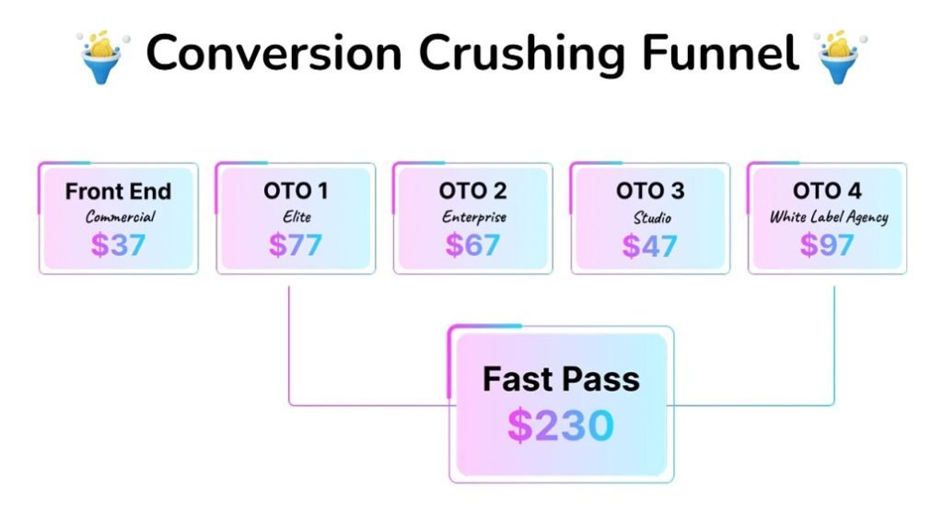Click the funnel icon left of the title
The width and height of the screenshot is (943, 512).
point(102,56)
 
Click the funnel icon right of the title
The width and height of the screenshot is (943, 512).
point(840,56)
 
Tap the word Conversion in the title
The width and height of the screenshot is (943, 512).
point(274,53)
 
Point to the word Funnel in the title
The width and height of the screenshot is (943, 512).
point(720,52)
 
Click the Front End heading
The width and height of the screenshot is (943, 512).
point(119,192)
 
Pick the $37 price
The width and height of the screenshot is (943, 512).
point(119,244)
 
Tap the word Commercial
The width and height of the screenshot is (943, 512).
point(120,216)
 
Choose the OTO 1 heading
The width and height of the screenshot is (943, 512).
point(296,191)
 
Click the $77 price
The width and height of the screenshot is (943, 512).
point(296,244)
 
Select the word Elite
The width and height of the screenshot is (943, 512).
point(297,216)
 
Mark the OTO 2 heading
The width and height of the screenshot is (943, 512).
point(472,191)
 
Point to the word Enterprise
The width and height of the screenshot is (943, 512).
point(474,216)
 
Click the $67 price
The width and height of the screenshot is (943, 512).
point(472,244)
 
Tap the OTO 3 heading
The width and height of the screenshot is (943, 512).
point(650,191)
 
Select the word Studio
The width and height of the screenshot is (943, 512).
point(652,216)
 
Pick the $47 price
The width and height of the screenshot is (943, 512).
point(649,244)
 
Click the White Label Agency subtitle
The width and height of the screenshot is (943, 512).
point(829,216)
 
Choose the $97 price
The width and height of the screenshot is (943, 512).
point(827,244)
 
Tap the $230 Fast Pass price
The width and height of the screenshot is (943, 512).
point(561,425)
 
